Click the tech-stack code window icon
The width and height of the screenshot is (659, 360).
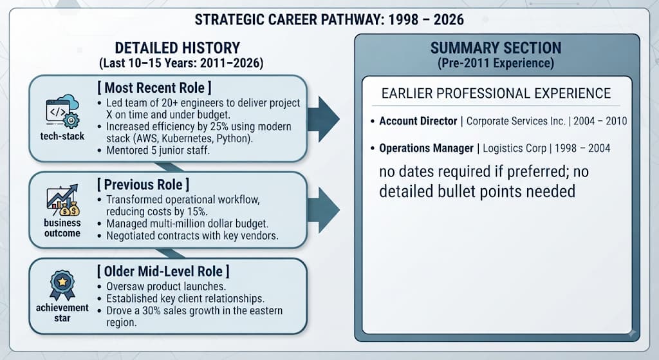coord(62,111)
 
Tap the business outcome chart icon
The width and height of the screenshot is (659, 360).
coord(62,200)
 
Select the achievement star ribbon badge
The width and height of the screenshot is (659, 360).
coord(62,285)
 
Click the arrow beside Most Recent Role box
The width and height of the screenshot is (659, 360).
coord(323,119)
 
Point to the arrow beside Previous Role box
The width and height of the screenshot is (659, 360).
coord(323,211)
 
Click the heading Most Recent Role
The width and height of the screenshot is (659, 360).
coord(154,88)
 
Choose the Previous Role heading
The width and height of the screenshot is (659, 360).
coord(143,184)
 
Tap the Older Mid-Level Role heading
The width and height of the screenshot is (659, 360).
coord(163,271)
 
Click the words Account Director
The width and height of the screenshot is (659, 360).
coord(418,121)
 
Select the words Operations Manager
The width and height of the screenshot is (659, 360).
coord(426,149)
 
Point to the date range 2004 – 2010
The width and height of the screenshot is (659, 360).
coord(600,121)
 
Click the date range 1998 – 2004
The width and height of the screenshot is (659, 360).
coord(582,149)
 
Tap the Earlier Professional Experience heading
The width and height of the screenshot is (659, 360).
coord(496,93)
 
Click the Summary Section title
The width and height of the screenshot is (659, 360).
coord(496,48)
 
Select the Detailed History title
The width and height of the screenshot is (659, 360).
coord(178,48)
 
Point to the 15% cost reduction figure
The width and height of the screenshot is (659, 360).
coord(198,211)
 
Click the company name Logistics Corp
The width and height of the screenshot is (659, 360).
coord(514,149)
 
